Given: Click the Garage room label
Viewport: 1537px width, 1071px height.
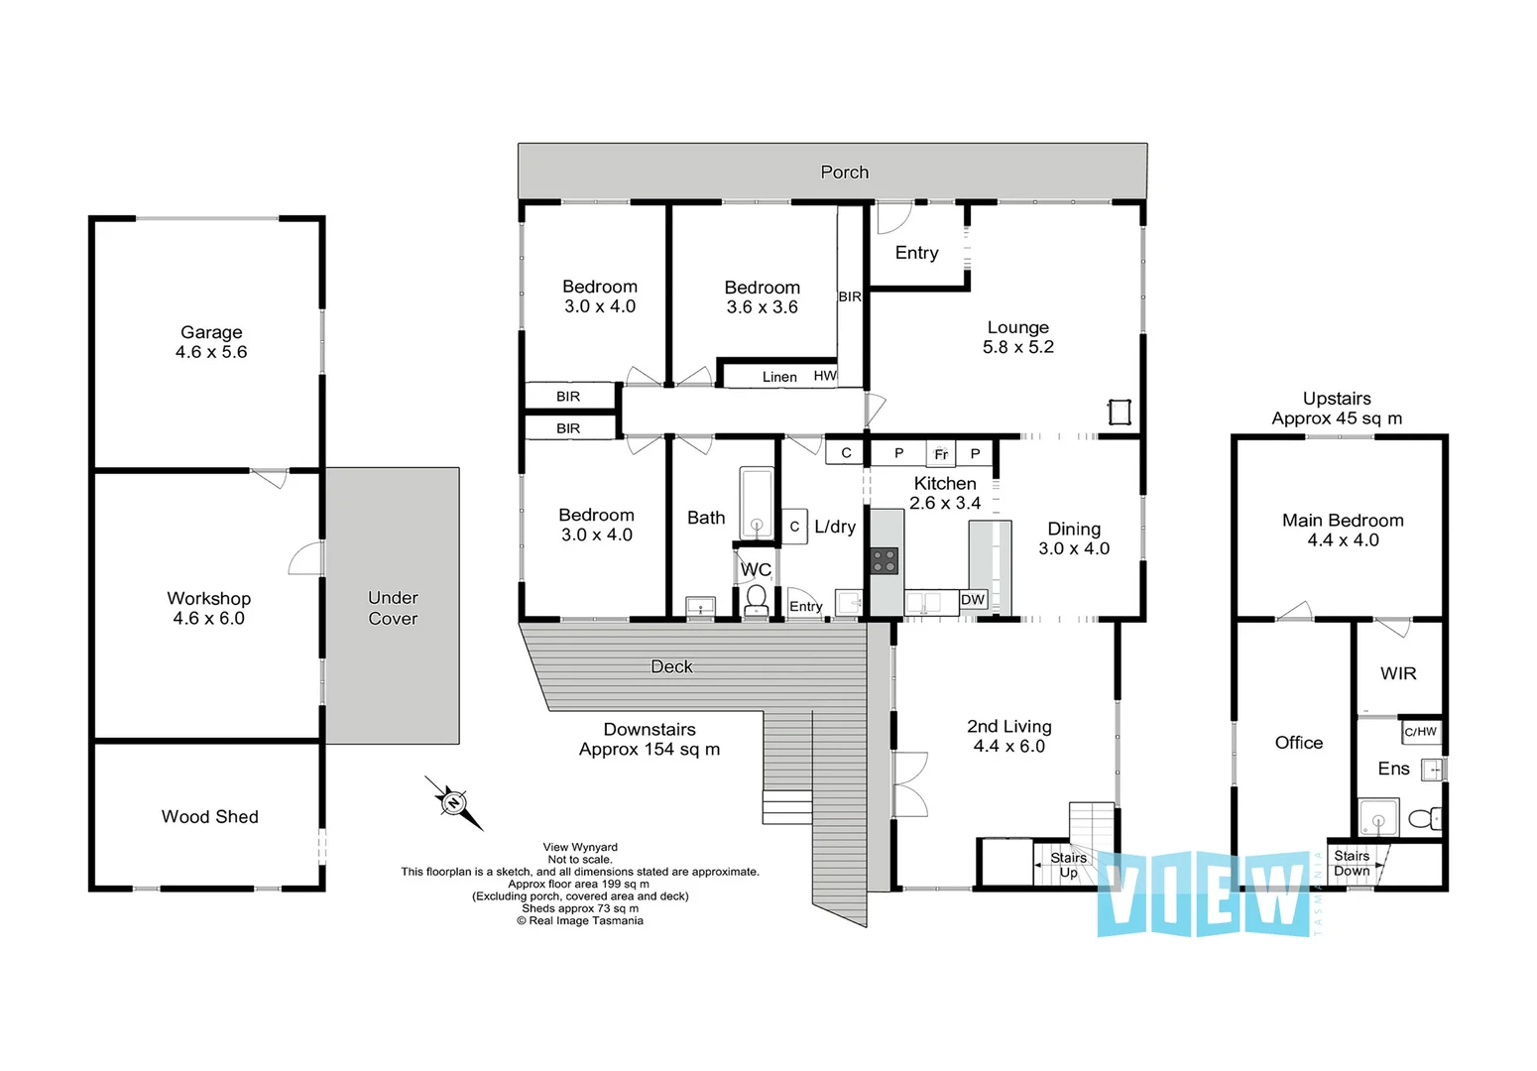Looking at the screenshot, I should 211,332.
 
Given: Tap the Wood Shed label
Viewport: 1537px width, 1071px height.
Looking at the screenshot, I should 210,816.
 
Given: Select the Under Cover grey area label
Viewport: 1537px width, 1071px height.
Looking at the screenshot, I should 393,608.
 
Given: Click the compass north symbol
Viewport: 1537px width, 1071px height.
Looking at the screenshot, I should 453,802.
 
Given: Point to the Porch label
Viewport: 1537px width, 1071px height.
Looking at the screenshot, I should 845,172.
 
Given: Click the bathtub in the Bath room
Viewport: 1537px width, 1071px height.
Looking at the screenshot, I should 756,504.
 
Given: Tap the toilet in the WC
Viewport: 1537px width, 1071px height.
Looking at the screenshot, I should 756,598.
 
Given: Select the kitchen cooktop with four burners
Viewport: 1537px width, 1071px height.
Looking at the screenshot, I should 885,560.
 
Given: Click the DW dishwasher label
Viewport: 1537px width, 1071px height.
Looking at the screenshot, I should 973,599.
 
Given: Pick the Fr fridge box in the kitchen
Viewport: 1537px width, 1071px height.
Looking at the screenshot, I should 941,454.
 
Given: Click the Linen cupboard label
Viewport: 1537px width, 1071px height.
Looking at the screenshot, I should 779,377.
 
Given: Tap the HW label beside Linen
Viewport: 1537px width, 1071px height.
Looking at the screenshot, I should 825,376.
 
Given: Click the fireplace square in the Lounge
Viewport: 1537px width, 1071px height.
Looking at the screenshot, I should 1120,412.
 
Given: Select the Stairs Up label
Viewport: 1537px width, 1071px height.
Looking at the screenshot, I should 1068,865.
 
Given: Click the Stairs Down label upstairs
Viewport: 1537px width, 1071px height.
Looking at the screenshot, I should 1352,863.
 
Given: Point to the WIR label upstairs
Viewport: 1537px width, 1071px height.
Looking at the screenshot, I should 1398,673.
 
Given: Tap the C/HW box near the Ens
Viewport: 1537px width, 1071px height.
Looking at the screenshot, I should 1420,732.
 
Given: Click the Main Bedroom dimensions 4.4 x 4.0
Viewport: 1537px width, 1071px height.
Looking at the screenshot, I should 1343,540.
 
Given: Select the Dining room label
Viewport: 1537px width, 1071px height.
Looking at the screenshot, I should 1074,529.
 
